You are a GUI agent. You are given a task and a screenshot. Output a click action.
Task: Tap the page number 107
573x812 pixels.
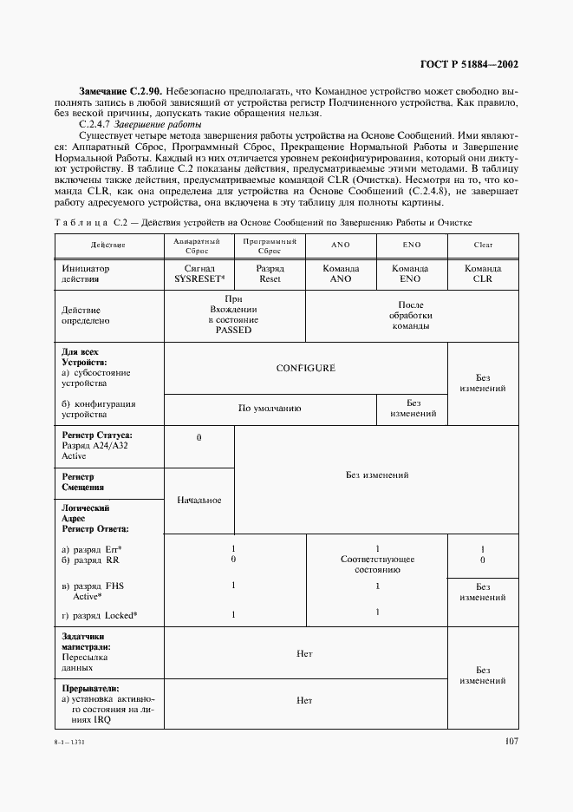point(511,741)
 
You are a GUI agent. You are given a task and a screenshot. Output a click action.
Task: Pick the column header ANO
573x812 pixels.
point(341,246)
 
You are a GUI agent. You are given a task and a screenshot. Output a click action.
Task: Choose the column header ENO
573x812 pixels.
point(412,246)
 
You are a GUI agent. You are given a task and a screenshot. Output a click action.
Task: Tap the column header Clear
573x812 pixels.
point(483,246)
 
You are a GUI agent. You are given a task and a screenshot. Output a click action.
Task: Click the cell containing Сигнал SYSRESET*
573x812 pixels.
point(199,274)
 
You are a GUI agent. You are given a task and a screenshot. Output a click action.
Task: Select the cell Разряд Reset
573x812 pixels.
point(270,274)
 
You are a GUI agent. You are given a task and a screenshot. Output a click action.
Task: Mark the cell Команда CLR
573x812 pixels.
point(483,274)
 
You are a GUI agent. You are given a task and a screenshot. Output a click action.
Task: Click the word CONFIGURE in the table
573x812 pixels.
point(305,368)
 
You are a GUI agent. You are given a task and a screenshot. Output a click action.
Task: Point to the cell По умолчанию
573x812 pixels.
point(270,408)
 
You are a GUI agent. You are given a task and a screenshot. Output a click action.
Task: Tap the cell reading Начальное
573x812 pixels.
point(199,501)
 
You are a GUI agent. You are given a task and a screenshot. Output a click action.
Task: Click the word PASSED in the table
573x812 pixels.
point(234,331)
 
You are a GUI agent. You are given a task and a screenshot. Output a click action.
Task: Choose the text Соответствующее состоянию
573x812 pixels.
point(377,565)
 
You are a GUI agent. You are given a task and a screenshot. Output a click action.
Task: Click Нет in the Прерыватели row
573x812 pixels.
point(305,700)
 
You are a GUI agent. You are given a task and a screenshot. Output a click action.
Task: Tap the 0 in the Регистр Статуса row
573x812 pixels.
point(199,438)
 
